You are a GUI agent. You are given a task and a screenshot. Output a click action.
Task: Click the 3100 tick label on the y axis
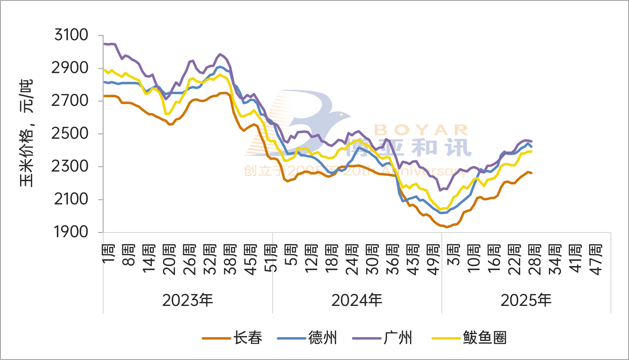(x=71, y=35)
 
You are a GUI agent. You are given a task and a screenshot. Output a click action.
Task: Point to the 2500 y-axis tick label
(x=70, y=134)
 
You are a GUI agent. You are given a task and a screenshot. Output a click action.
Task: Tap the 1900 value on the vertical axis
(x=71, y=232)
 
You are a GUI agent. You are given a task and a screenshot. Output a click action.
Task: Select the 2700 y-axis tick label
(x=70, y=101)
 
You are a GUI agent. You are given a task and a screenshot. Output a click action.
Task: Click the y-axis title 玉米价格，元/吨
(x=26, y=133)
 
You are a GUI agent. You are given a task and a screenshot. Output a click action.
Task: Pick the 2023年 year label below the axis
(x=188, y=300)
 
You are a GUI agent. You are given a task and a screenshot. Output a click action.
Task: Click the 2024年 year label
(x=357, y=300)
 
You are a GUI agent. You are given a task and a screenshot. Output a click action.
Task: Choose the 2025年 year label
(x=526, y=300)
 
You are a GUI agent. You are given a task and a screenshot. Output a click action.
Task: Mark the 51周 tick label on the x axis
(x=271, y=258)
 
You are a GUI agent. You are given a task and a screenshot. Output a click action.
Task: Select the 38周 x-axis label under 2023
(x=230, y=260)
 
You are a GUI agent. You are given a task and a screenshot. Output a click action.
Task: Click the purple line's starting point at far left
(x=104, y=44)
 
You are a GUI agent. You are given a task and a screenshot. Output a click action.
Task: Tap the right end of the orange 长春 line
(x=531, y=173)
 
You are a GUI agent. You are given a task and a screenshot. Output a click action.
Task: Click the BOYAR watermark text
(x=421, y=130)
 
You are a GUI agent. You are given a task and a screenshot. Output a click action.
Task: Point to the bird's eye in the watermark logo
(x=341, y=115)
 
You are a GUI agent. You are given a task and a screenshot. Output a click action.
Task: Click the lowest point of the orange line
(x=446, y=227)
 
